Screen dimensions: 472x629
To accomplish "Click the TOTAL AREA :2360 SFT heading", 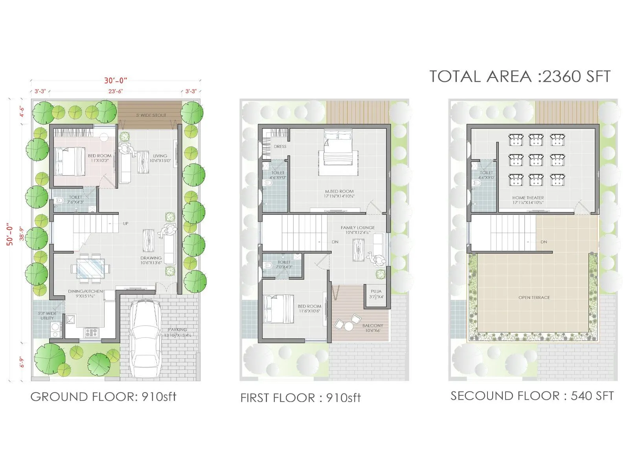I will (x=520, y=76).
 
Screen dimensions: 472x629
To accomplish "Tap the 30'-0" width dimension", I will (x=116, y=81).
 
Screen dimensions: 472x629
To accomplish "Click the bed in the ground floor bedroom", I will (x=70, y=161).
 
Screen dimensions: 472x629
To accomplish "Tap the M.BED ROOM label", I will (x=339, y=192).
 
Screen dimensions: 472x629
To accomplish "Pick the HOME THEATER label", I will (x=528, y=198).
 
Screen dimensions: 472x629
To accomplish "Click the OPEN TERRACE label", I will (x=534, y=297).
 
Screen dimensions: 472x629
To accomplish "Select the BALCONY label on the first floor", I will (x=372, y=325).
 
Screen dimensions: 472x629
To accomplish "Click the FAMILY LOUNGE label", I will (x=358, y=228).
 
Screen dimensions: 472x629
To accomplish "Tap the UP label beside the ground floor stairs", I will (x=125, y=223).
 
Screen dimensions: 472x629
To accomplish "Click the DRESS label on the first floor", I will (x=280, y=146).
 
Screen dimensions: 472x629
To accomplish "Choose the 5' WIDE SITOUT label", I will (x=151, y=115).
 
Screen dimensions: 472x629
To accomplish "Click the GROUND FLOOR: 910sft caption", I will (x=103, y=396).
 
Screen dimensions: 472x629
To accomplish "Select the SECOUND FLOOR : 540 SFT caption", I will (x=532, y=396).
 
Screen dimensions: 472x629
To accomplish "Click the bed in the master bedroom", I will (x=338, y=149).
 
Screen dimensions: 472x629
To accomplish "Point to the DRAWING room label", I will (x=151, y=258).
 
